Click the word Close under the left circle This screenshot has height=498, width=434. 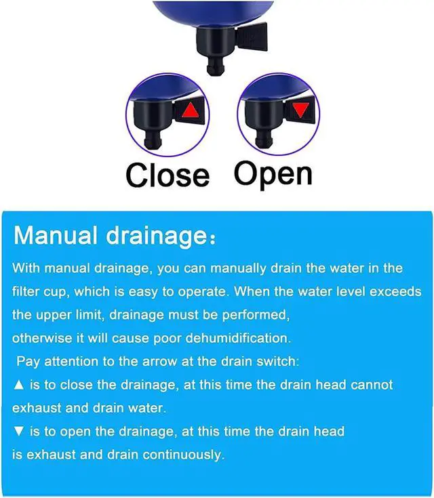point(167,175)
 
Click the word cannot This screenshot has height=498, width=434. point(372,384)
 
